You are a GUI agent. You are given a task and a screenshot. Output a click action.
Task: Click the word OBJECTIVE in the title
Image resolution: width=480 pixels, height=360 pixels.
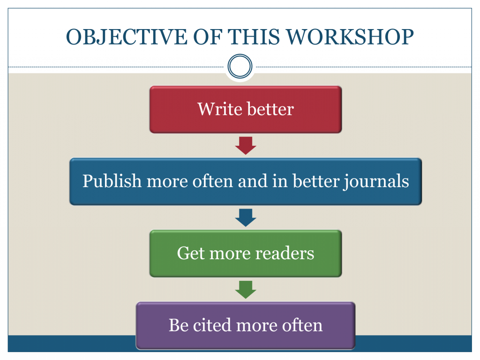pyautogui.click(x=126, y=37)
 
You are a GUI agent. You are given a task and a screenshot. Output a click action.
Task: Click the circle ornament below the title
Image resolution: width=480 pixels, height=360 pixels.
pyautogui.click(x=240, y=66)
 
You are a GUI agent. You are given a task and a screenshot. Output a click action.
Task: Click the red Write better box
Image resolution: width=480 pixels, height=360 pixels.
pyautogui.click(x=246, y=109)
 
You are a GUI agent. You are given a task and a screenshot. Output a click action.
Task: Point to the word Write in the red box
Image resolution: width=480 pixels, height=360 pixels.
pyautogui.click(x=220, y=109)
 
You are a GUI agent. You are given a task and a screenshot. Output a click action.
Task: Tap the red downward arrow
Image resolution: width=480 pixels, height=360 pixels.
pyautogui.click(x=246, y=145)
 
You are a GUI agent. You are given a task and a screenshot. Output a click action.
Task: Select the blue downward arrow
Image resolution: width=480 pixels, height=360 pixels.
pyautogui.click(x=246, y=217)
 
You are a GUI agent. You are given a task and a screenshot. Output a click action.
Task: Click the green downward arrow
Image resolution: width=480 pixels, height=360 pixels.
pyautogui.click(x=246, y=290)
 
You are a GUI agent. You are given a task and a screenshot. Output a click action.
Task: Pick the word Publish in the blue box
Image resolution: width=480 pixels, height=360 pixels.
pyautogui.click(x=112, y=181)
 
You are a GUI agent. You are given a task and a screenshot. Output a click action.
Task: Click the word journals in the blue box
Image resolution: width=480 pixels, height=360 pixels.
pyautogui.click(x=376, y=181)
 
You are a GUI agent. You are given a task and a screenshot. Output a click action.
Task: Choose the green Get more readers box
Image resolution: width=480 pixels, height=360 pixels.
pyautogui.click(x=246, y=254)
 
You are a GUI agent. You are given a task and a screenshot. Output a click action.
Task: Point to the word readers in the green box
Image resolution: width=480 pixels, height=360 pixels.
pyautogui.click(x=285, y=253)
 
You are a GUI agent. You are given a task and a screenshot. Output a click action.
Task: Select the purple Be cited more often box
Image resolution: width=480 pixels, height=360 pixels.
pyautogui.click(x=246, y=326)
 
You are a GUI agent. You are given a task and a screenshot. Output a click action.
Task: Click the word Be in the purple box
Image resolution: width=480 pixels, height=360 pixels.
pyautogui.click(x=179, y=325)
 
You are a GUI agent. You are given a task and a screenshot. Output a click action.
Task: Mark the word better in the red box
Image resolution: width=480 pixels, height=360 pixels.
pyautogui.click(x=270, y=109)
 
